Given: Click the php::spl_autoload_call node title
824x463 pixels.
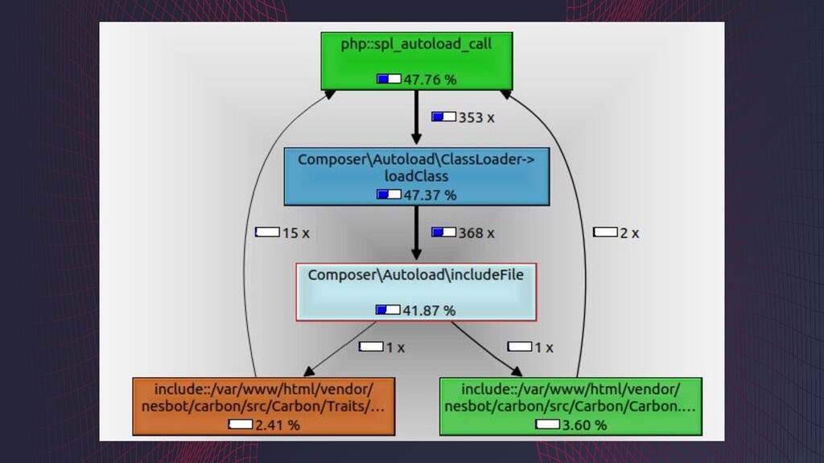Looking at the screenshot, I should click(416, 44).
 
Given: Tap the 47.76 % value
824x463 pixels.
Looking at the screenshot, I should click(430, 79).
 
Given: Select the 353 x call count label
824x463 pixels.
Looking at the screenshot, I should click(476, 117).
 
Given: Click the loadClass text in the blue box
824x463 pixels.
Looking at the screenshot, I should click(416, 176).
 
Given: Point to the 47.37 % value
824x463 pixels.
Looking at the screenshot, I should click(430, 195).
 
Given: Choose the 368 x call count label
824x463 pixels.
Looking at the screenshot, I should click(476, 232).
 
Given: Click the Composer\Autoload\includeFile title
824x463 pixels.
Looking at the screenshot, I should click(415, 275).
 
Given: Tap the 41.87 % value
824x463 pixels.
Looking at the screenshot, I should click(429, 310).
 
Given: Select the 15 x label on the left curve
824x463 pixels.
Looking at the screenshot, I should click(295, 232).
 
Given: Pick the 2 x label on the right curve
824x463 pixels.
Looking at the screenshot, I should click(628, 232).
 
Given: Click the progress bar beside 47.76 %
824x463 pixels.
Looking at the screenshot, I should click(389, 79).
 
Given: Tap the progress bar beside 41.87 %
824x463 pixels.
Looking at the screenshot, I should click(388, 310).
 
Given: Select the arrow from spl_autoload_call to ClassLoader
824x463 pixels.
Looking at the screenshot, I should click(416, 117).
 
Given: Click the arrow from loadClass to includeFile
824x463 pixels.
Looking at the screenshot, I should click(416, 233).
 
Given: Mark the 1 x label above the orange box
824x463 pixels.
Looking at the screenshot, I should click(394, 347).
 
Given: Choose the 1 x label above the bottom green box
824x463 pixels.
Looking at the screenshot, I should click(543, 347).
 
